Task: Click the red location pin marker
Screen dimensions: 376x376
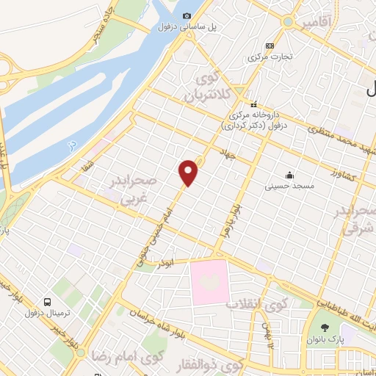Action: pos(189,171)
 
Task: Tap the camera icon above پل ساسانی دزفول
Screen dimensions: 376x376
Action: pos(187,16)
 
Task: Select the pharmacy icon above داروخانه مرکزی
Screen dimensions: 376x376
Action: pos(254,104)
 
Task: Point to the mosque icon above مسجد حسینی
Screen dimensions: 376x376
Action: pos(291,175)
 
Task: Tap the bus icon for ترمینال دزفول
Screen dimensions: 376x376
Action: pos(48,301)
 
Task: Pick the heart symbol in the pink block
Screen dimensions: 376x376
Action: pos(209,281)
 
